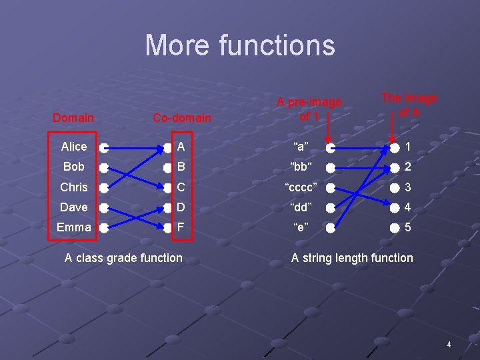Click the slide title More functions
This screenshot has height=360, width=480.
coord(240,45)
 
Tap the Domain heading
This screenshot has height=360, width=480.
coord(73,118)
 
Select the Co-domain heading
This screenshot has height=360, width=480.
coord(181,118)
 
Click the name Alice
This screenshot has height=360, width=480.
coord(73,147)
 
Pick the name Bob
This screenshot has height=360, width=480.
coord(73,167)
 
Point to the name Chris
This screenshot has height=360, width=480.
coord(73,187)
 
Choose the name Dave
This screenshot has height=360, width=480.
coord(73,207)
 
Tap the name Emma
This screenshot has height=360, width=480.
coord(73,227)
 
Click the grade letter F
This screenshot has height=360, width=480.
coord(181,227)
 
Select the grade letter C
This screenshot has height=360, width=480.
coord(181,187)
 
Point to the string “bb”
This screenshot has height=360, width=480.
coord(301,167)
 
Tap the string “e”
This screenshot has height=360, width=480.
coord(301,227)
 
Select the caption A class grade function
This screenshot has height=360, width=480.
coord(123,257)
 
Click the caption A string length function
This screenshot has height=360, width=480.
coord(352,257)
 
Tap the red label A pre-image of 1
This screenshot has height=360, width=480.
coord(309,109)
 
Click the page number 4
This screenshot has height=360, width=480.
coord(449,345)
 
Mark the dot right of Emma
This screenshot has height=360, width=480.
coord(103,227)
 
